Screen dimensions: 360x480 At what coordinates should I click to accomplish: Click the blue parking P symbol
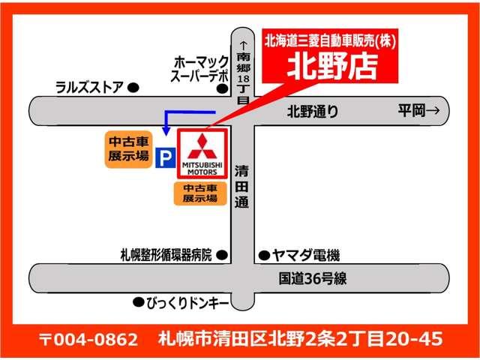tap(165, 158)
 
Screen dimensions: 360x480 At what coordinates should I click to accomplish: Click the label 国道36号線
tap(313, 279)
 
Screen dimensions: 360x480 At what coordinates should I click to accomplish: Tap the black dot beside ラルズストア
tap(133, 88)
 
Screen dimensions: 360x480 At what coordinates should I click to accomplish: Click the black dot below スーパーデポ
tap(222, 88)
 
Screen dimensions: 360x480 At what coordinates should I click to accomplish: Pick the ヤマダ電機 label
tap(305, 255)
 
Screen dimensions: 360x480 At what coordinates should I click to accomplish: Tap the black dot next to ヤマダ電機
tap(263, 255)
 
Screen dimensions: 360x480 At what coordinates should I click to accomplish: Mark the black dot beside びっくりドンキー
tap(137, 303)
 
